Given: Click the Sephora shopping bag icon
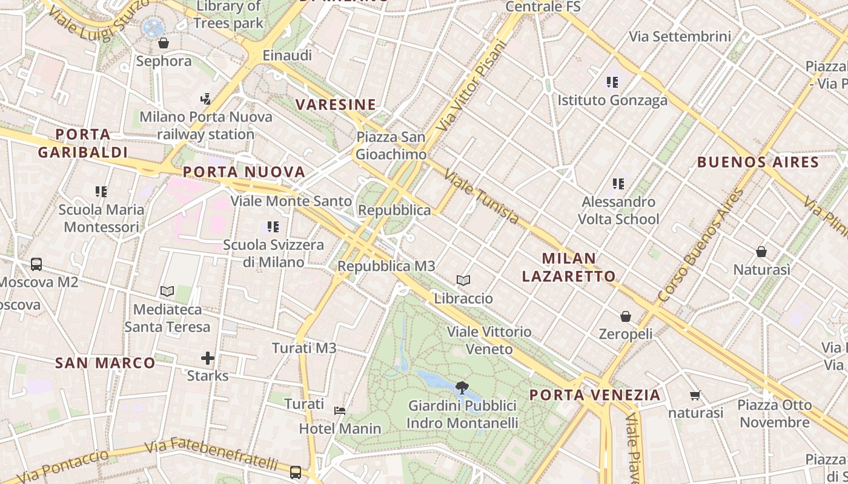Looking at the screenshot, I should pos(163,43).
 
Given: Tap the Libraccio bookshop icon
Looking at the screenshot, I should pos(463,280).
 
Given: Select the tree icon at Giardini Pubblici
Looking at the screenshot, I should pos(462,387).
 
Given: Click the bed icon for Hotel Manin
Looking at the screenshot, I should pos(340,411).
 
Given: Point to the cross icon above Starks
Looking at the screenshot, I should pos(208,358).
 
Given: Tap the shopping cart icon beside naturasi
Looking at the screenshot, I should pos(695,395).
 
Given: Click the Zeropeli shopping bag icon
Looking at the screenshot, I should pos(625,316).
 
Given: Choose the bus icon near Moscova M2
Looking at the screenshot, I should pos(36,264).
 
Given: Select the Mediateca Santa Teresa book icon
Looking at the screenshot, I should pos(167,292).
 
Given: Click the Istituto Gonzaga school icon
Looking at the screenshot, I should pos(612,82).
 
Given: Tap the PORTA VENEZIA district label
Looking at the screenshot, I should pos(595,395).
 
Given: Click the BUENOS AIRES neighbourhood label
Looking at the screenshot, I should pos(758,162).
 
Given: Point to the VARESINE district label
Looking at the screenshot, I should pos(336,105).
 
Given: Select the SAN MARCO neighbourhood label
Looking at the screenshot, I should pos(105,363).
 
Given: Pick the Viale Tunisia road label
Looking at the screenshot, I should pos(482,197).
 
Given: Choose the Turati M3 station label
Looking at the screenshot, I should pos(304,348).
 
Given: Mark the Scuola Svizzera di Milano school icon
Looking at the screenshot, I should pos(273,227).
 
